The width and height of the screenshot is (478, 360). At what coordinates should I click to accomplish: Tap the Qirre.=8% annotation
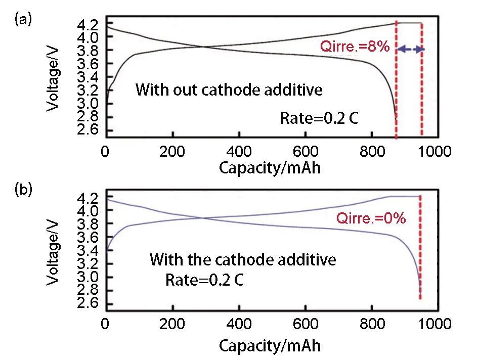(354, 48)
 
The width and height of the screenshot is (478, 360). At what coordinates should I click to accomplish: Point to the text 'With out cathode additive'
(229, 91)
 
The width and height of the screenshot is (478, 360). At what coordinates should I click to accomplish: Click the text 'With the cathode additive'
(242, 260)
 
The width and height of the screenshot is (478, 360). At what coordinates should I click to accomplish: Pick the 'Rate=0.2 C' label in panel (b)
(204, 279)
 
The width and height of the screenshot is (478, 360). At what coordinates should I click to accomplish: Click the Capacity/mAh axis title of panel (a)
(270, 168)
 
